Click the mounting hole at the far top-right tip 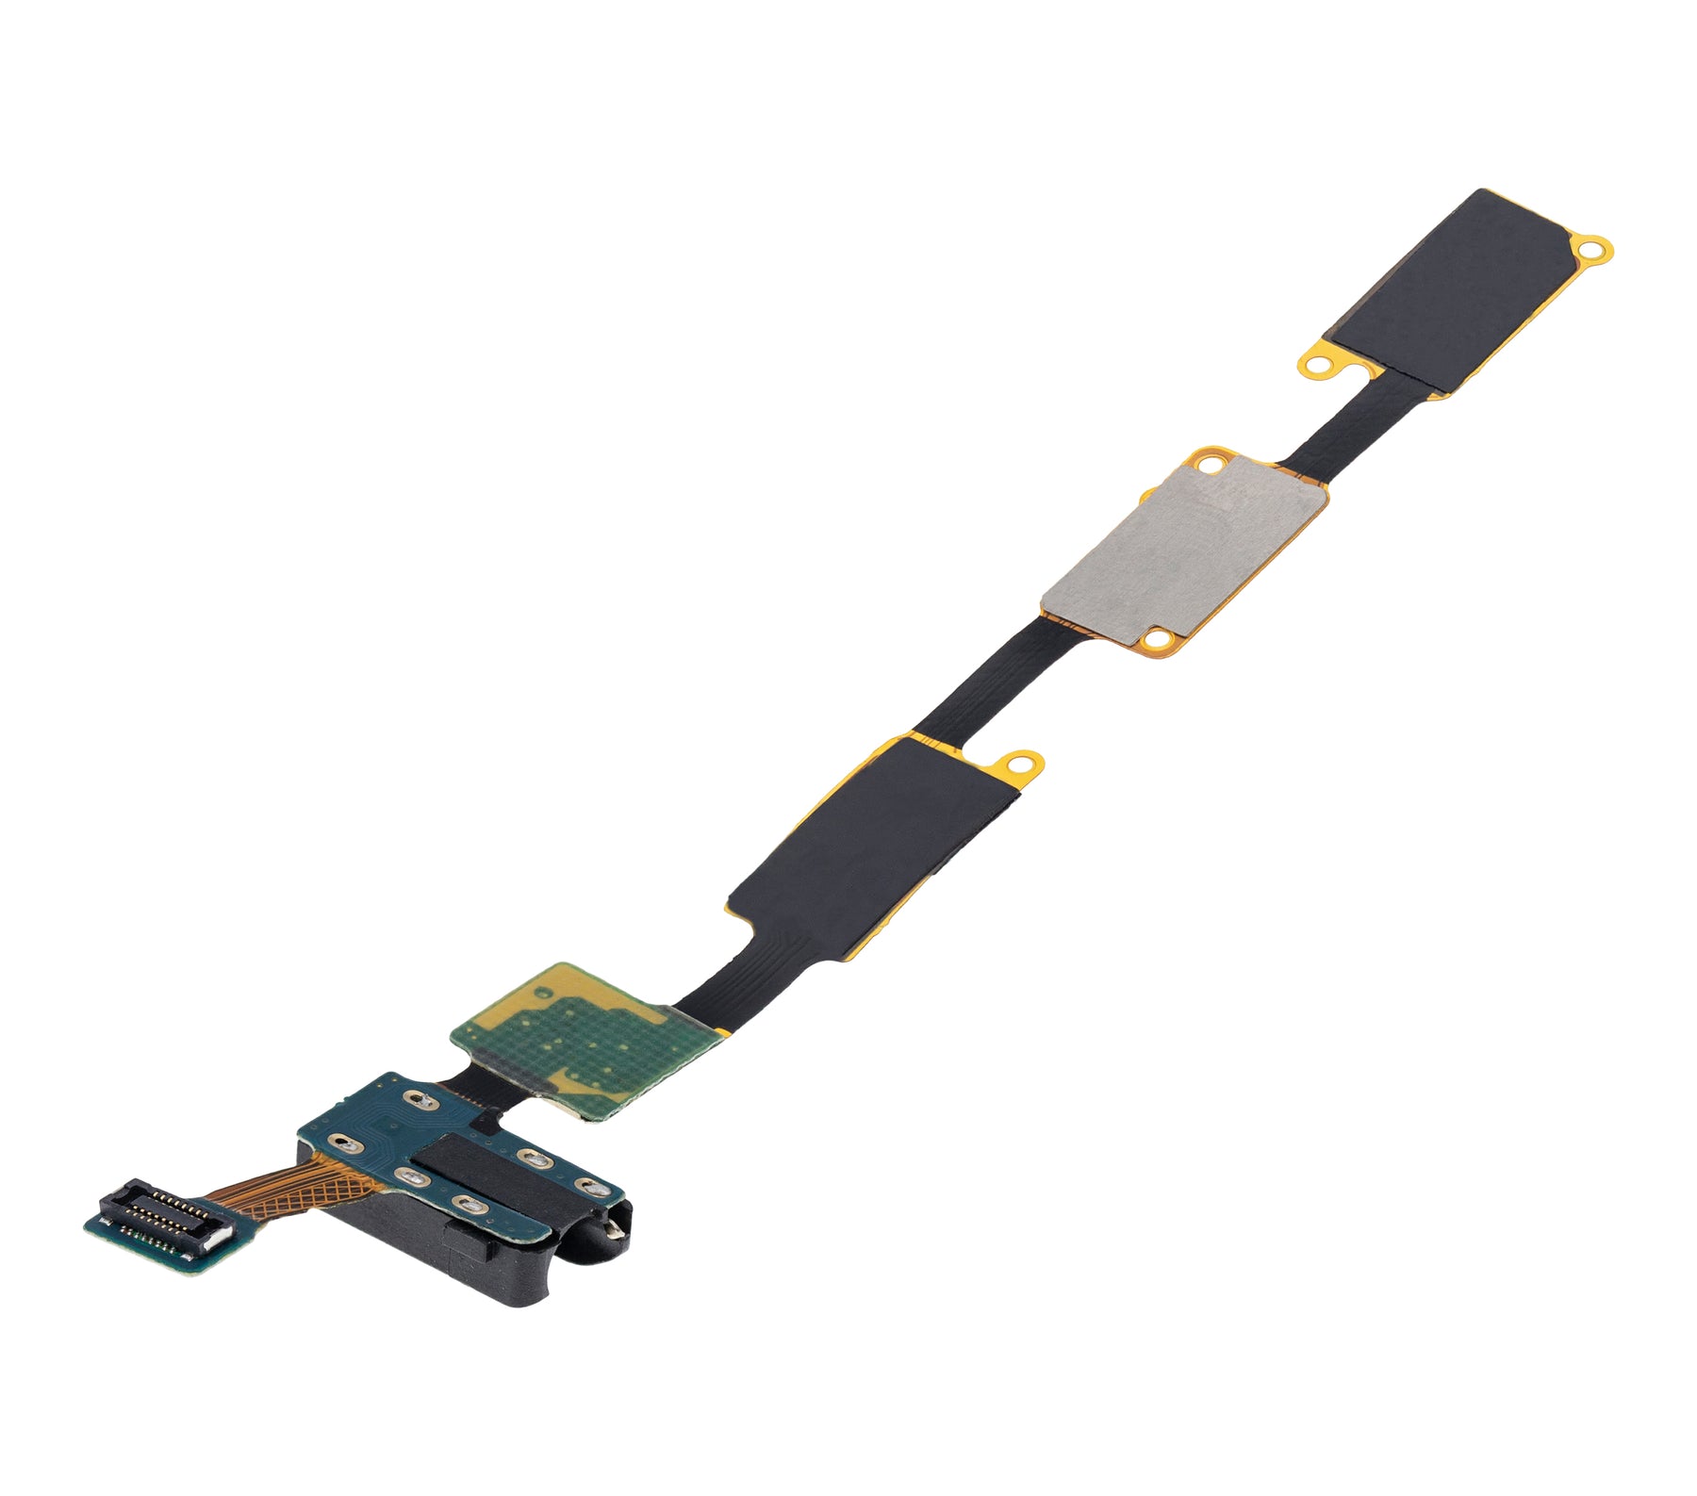tap(1594, 250)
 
